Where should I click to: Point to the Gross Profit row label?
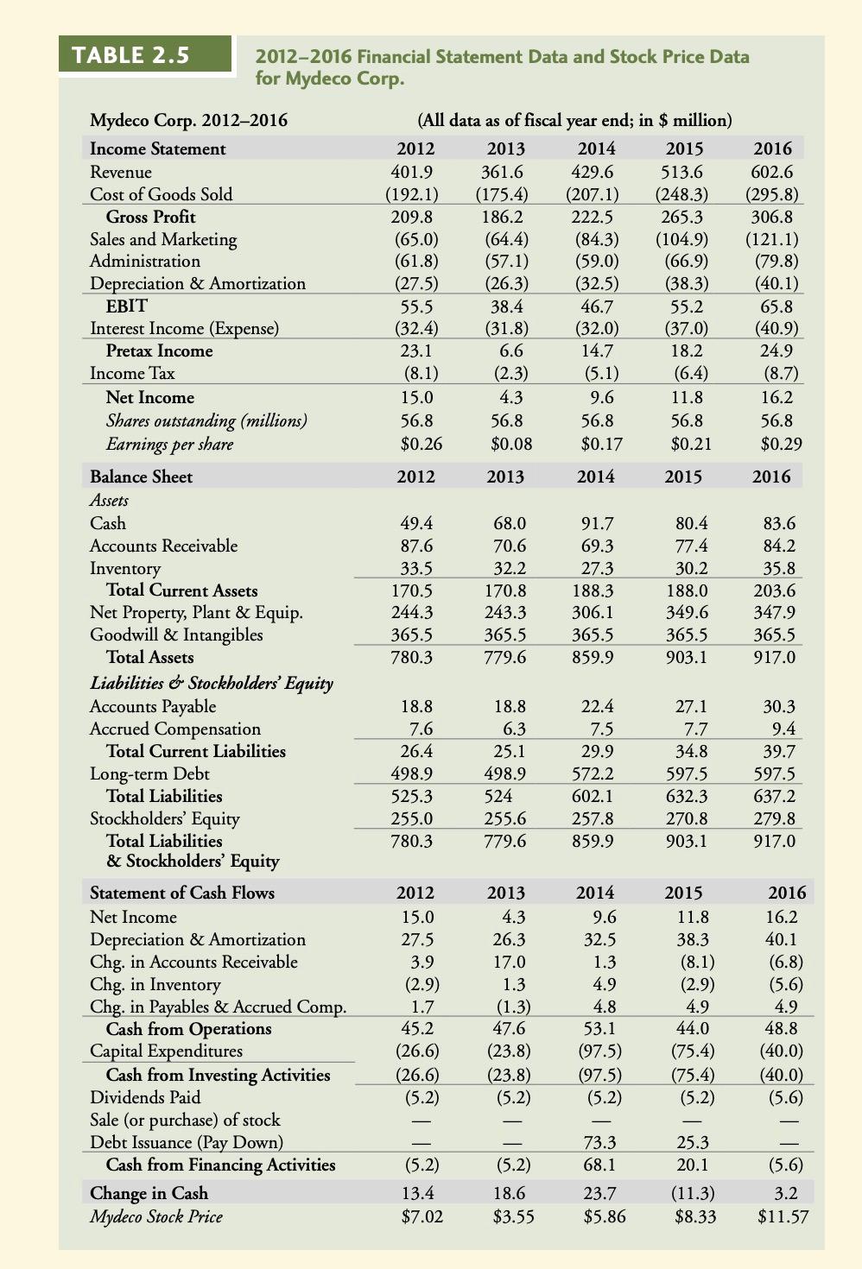point(150,217)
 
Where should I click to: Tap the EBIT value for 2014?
point(596,306)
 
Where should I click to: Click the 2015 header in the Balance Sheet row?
point(683,477)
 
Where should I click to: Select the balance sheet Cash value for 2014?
point(596,523)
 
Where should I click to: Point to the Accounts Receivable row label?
point(163,546)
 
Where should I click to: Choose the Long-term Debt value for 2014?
point(596,773)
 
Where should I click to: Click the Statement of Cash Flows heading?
point(182,893)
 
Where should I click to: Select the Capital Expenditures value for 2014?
point(596,1051)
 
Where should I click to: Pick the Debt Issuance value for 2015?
point(688,1142)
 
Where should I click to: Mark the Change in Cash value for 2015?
point(688,1193)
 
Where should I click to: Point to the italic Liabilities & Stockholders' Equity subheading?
point(212,683)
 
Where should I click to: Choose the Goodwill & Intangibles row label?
point(176,634)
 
